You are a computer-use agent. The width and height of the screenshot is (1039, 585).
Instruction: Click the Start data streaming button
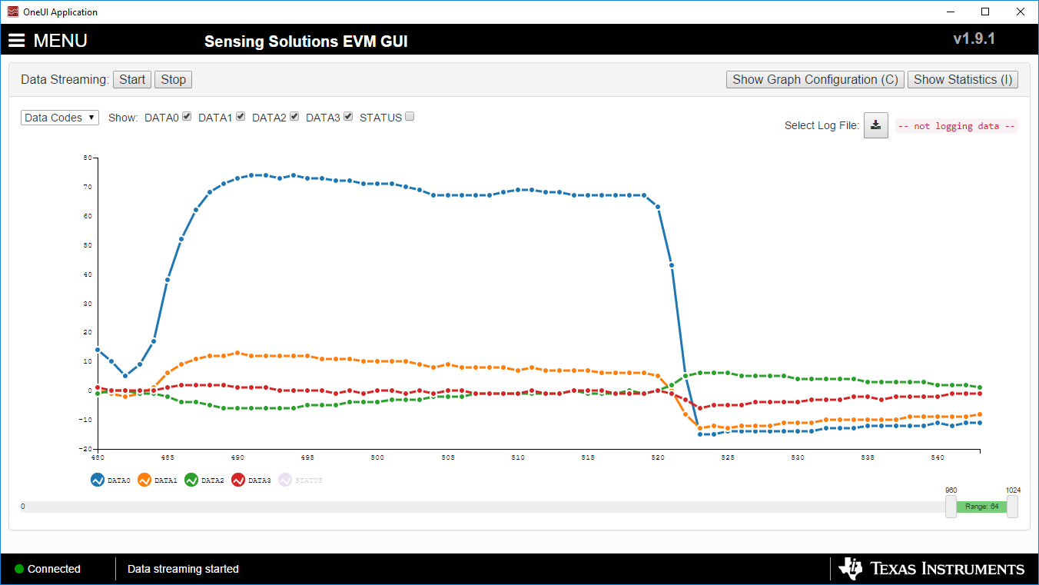132,80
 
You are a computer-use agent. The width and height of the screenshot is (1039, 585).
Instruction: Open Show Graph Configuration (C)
815,80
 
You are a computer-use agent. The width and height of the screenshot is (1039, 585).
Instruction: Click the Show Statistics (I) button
963,80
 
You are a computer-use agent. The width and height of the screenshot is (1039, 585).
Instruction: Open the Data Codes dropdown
60,118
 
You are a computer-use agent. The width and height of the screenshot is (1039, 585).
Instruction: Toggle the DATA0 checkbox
187,117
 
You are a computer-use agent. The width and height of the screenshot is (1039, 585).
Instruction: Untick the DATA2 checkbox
294,117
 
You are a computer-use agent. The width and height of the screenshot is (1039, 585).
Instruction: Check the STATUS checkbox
410,117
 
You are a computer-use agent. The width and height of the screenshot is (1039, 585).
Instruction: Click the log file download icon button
876,125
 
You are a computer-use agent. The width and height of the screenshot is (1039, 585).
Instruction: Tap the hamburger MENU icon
17,41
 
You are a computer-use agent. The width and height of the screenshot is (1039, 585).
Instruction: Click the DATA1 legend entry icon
144,480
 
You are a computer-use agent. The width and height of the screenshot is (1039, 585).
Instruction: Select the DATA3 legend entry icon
238,480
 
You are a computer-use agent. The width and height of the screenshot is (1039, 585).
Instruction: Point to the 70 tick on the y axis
88,187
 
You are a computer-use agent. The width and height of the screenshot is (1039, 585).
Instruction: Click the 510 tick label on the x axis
517,457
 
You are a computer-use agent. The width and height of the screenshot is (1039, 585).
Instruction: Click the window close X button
1020,12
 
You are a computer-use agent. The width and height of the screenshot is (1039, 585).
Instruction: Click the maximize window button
985,12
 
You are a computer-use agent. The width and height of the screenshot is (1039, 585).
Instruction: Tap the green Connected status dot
19,569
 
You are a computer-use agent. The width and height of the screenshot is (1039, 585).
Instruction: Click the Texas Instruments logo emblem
851,569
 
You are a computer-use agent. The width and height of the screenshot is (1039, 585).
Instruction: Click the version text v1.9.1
974,38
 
